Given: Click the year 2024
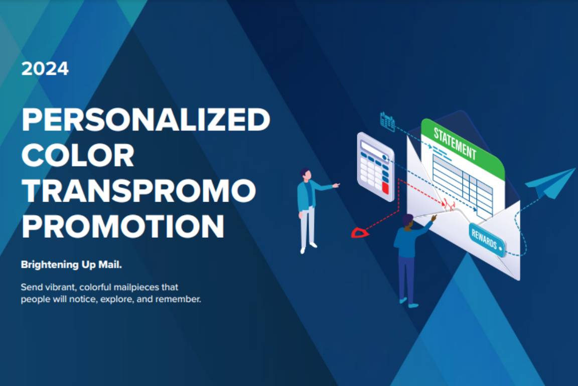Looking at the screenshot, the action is click(x=45, y=69).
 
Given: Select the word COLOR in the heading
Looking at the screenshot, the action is click(x=78, y=155).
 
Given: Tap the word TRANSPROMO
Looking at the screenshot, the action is click(x=139, y=190).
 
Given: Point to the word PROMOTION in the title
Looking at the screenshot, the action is click(x=123, y=226).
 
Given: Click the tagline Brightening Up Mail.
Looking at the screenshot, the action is click(x=71, y=264).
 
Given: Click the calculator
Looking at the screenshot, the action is click(x=376, y=167).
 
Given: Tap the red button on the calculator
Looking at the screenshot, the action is click(x=385, y=188).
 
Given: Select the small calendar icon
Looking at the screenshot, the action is click(x=387, y=122).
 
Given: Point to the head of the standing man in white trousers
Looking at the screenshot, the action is click(x=306, y=174).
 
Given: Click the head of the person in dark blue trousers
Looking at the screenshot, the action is click(x=408, y=222).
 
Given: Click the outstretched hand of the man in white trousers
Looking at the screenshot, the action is click(x=336, y=185).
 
